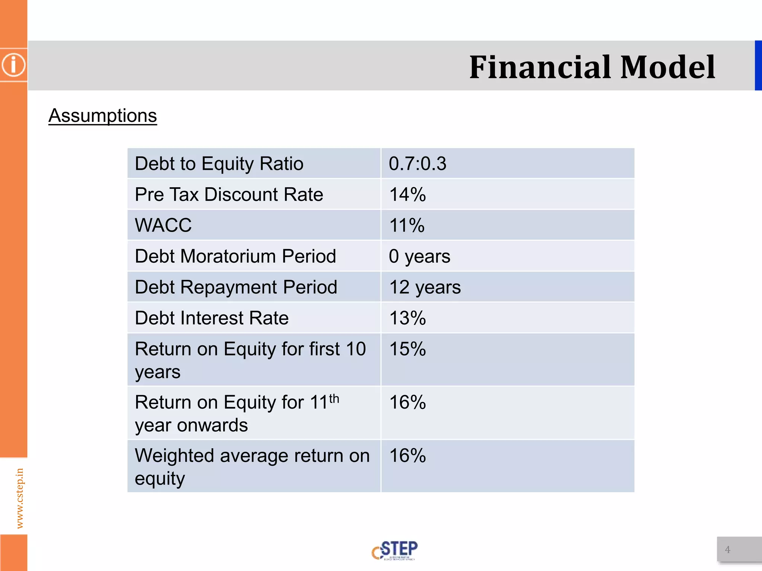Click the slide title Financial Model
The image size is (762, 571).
pyautogui.click(x=592, y=67)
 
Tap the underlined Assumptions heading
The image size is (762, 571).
pyautogui.click(x=103, y=116)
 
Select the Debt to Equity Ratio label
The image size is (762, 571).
pyautogui.click(x=219, y=164)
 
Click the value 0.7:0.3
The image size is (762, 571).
pyautogui.click(x=417, y=164)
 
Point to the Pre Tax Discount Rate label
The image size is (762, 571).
pyautogui.click(x=229, y=194)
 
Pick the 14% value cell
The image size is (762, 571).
pyautogui.click(x=407, y=194)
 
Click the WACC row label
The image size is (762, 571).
pyautogui.click(x=163, y=225)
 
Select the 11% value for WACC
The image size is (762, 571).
pyautogui.click(x=407, y=225)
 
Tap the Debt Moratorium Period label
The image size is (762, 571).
pyautogui.click(x=236, y=256)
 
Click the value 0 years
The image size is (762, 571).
pyautogui.click(x=419, y=256)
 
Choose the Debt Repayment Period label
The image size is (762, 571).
pyautogui.click(x=236, y=287)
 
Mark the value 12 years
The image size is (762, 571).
pyautogui.click(x=425, y=287)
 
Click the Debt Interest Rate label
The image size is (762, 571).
pyautogui.click(x=212, y=318)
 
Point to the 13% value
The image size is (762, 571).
pyautogui.click(x=407, y=318)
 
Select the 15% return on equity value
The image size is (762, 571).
pyautogui.click(x=407, y=349)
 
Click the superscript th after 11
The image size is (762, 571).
pyautogui.click(x=334, y=399)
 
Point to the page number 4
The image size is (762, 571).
pyautogui.click(x=727, y=549)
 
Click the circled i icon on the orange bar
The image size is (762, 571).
pyautogui.click(x=14, y=65)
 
